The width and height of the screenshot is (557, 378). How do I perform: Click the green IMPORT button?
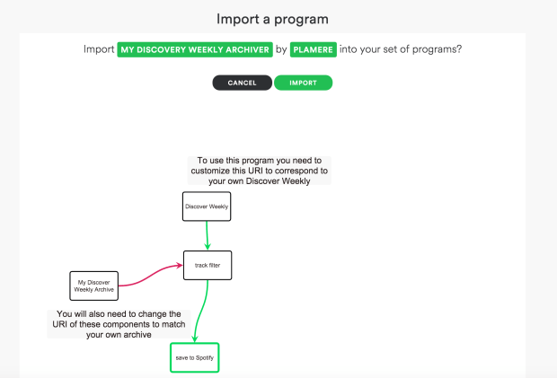click(303, 83)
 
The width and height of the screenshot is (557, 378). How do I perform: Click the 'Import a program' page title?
click(278, 18)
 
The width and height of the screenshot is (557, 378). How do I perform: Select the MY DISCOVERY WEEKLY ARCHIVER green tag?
click(195, 50)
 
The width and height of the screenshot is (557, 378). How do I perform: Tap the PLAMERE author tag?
click(314, 50)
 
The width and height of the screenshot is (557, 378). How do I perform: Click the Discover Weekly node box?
click(207, 207)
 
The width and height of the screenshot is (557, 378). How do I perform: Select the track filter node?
click(208, 265)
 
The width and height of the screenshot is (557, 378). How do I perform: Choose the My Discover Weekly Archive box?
click(94, 285)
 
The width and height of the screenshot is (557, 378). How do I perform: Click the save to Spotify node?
click(195, 357)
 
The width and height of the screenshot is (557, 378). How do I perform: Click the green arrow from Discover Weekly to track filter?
click(208, 235)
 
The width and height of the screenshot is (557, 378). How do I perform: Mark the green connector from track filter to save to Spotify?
click(203, 310)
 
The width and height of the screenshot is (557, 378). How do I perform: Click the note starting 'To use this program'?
click(259, 171)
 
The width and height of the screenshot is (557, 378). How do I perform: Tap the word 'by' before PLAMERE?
click(281, 50)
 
